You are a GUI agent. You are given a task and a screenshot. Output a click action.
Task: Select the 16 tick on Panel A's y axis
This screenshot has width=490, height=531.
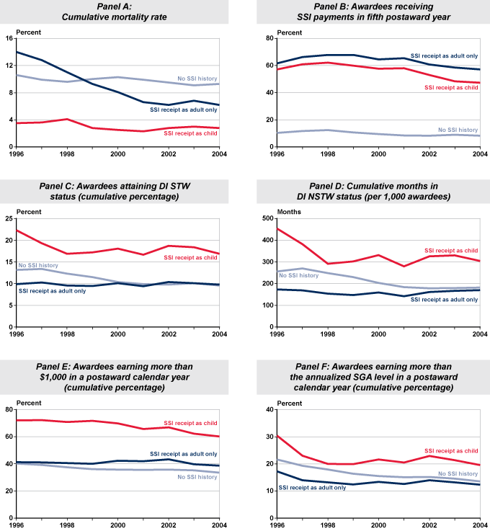pos(9,38)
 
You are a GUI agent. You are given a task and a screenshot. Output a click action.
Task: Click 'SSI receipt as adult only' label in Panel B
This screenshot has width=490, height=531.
pos(444,55)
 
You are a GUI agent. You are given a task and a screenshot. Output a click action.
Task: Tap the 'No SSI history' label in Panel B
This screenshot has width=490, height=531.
pos(458,130)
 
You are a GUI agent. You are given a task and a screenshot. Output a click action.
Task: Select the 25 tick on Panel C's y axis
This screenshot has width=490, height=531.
pos(9,218)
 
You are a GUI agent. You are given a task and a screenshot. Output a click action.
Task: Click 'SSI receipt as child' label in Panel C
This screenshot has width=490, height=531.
pos(191,257)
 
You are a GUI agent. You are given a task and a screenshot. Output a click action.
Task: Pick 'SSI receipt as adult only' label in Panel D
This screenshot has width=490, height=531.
pos(445,298)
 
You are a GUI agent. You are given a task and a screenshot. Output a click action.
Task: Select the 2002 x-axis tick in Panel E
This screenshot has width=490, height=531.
pos(168,524)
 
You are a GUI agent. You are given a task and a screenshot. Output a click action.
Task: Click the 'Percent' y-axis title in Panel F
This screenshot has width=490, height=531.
pos(290,403)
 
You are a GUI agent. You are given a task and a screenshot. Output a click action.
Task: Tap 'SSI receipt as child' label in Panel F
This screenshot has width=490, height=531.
pos(450,450)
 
